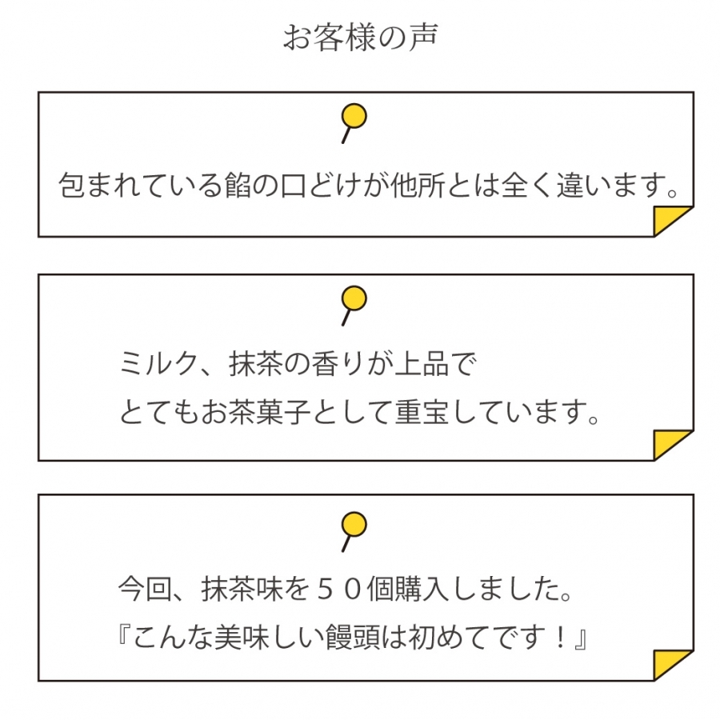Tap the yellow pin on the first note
pyautogui.click(x=354, y=117)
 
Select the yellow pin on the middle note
pyautogui.click(x=354, y=298)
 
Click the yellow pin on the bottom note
pyautogui.click(x=354, y=524)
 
